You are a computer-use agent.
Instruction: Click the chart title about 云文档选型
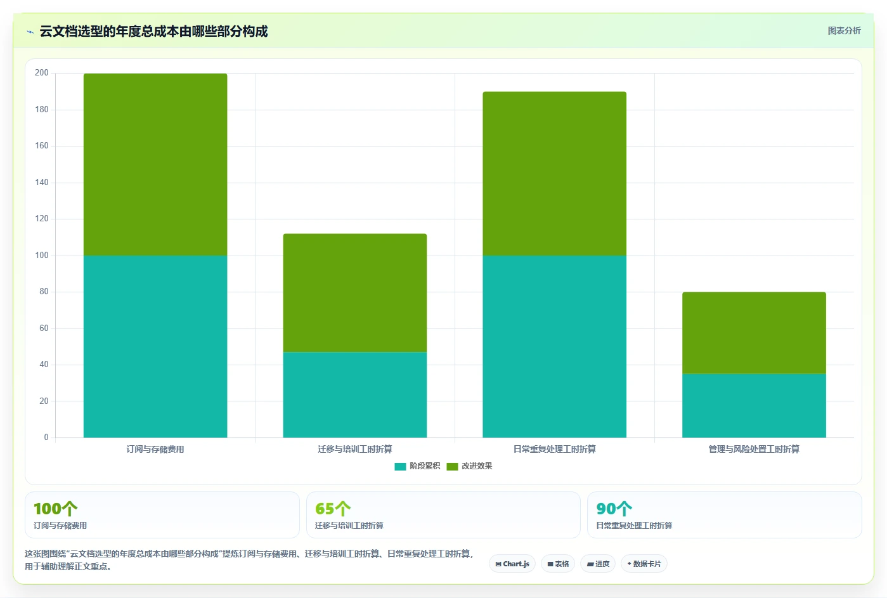153,31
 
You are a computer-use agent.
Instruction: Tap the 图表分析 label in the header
844,31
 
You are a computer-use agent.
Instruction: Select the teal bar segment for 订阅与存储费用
155,346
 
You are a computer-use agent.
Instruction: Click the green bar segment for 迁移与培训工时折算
355,293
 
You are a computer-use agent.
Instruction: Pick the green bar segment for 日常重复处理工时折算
554,174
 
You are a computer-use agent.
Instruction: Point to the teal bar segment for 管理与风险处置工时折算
754,405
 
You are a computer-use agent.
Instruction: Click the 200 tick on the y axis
42,72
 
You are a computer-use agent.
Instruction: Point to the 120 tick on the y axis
42,219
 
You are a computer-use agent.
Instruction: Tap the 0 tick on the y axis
46,437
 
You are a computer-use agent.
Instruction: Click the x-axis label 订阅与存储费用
155,449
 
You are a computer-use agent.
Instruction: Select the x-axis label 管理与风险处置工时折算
754,449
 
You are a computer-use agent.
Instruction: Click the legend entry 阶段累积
417,466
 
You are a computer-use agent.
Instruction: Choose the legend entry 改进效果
470,466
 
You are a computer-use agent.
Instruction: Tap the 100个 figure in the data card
55,509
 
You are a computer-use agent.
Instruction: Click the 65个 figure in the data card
333,509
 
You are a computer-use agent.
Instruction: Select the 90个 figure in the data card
614,509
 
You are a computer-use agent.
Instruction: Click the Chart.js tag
512,564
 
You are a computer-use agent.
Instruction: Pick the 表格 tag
558,564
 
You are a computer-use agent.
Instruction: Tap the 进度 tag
598,564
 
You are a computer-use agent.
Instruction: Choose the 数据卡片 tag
644,564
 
